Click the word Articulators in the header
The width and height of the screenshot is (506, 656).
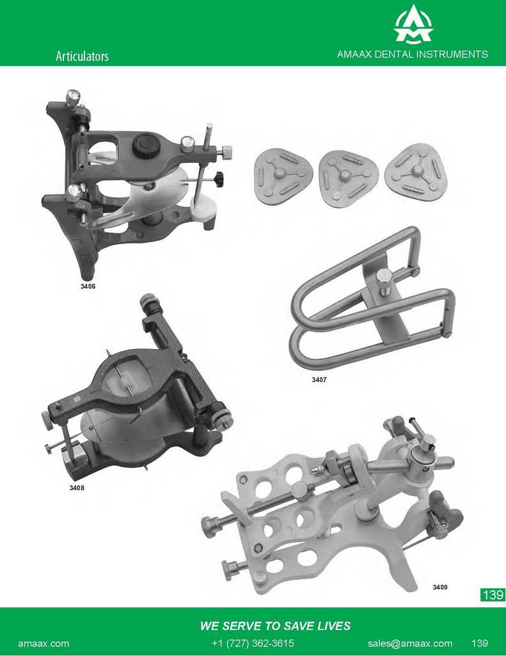click(x=83, y=56)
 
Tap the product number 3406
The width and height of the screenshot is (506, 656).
click(x=88, y=286)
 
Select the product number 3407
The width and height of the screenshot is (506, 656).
click(x=319, y=380)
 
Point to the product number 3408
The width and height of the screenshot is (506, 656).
click(x=77, y=488)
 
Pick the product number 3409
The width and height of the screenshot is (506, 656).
click(x=440, y=587)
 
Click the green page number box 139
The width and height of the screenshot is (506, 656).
click(x=493, y=594)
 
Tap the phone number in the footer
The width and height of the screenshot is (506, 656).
click(x=253, y=643)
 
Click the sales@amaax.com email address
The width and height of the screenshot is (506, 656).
click(x=410, y=643)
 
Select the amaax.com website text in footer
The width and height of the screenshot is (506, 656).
click(x=43, y=643)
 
